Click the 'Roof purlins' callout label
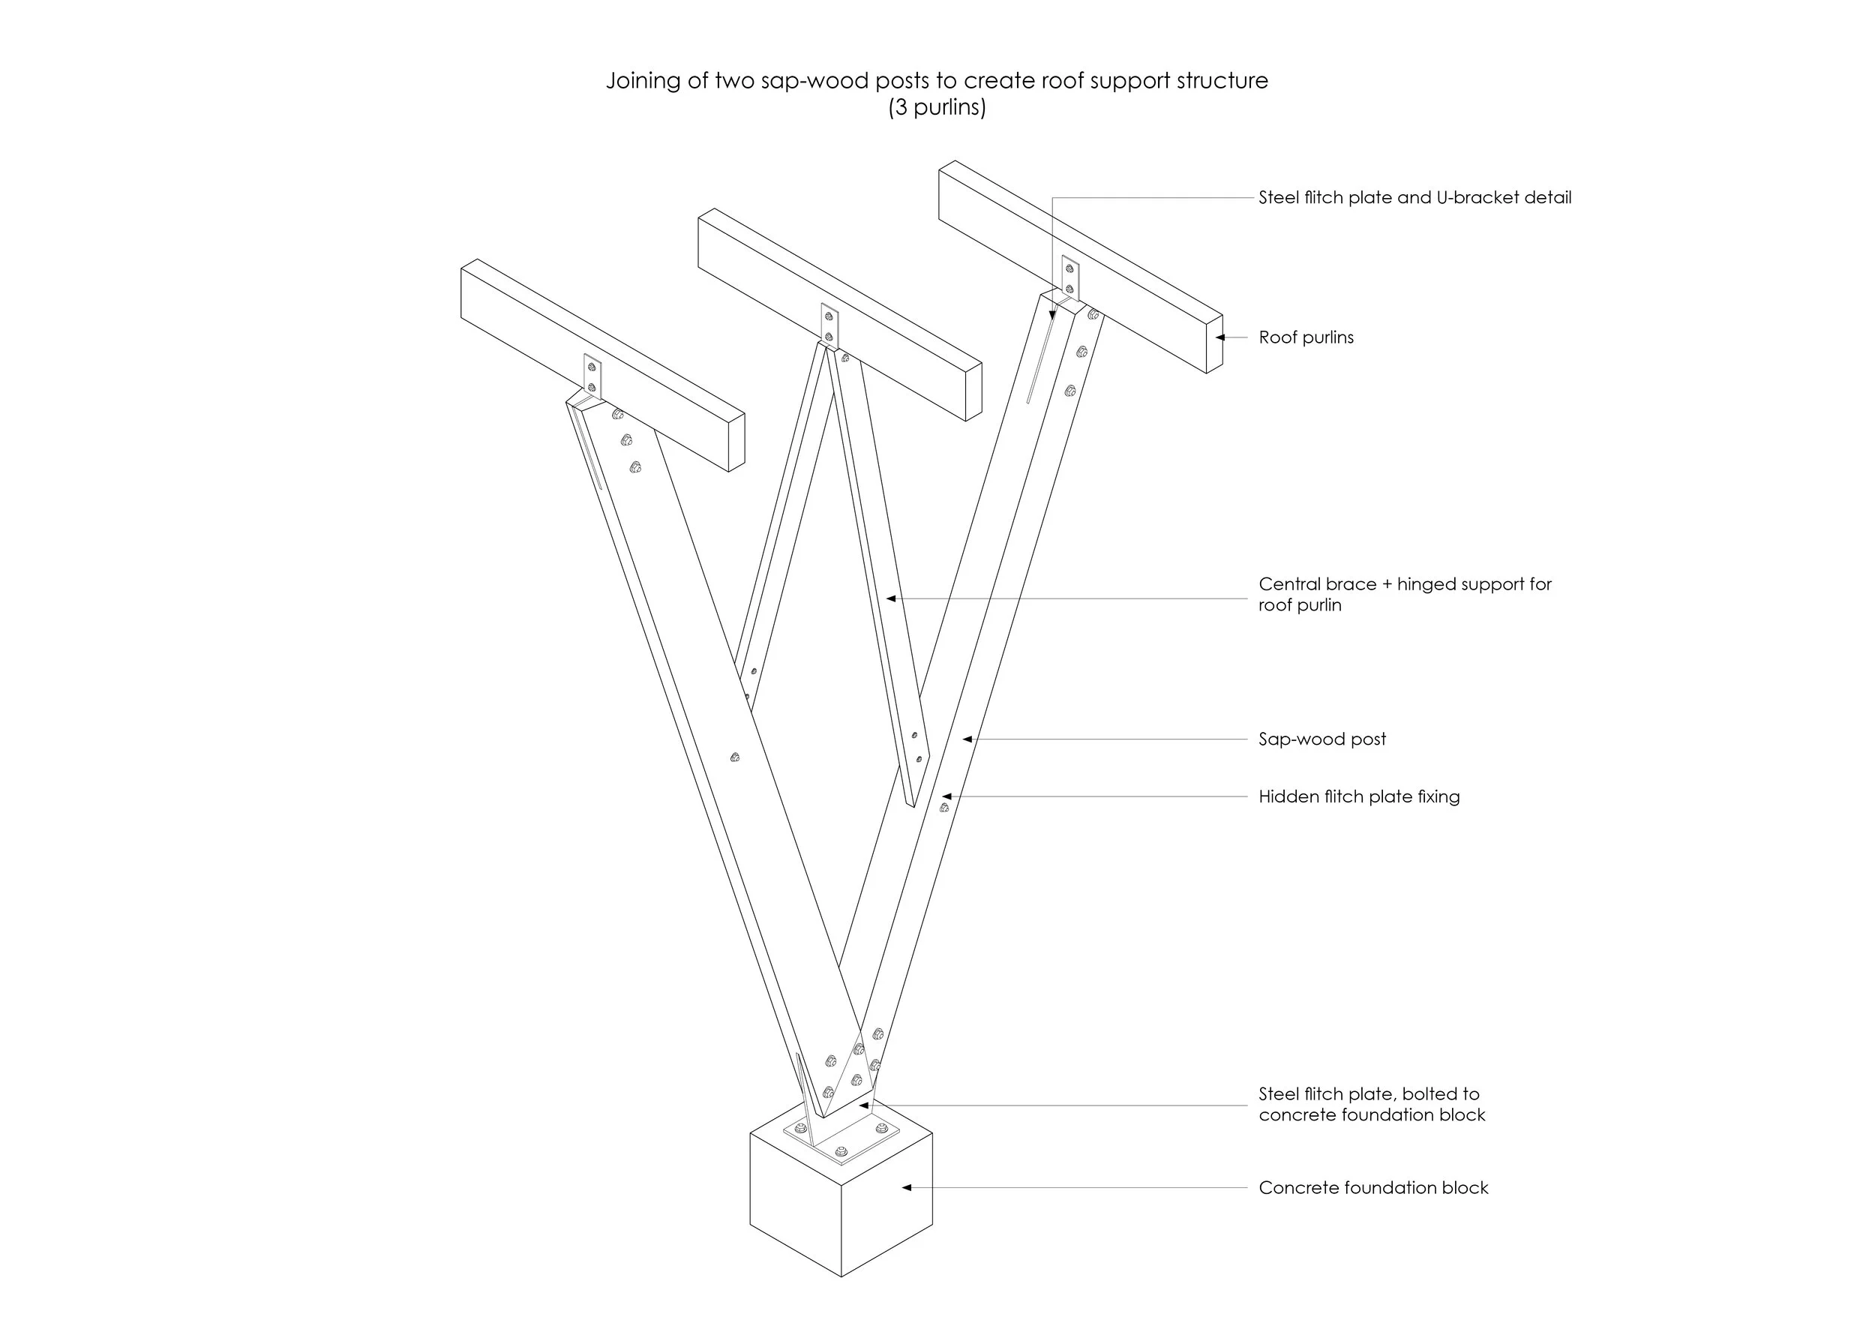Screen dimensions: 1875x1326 pyautogui.click(x=1306, y=337)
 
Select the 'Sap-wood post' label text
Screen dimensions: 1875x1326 pyautogui.click(x=1322, y=739)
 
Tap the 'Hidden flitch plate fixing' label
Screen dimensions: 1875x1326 pyautogui.click(x=1359, y=796)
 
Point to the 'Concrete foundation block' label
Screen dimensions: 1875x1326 pyautogui.click(x=1373, y=1187)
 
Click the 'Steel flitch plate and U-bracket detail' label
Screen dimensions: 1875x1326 pyautogui.click(x=1414, y=196)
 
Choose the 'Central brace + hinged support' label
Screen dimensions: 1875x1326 pyautogui.click(x=1405, y=583)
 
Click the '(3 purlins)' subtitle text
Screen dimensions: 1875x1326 pyautogui.click(x=937, y=107)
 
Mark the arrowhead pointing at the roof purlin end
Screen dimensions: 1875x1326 pyautogui.click(x=1220, y=337)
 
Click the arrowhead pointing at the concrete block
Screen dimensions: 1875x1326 pyautogui.click(x=907, y=1187)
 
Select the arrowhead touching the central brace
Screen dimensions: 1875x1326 pyautogui.click(x=892, y=598)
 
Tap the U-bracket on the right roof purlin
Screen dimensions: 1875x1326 pyautogui.click(x=1069, y=277)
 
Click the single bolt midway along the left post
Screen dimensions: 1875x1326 pyautogui.click(x=735, y=757)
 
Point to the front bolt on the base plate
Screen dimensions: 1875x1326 pyautogui.click(x=842, y=1153)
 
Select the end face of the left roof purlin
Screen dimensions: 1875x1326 pyautogui.click(x=736, y=442)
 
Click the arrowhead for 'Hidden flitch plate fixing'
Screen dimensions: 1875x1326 pyautogui.click(x=946, y=796)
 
